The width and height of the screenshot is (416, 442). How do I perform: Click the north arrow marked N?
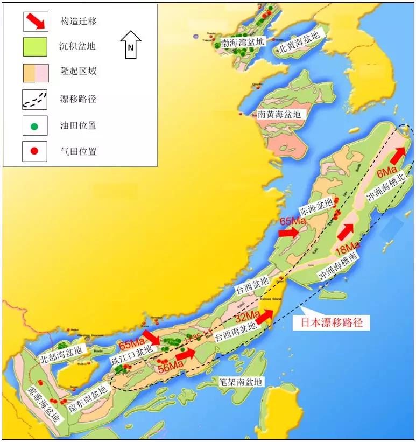[x=130, y=44]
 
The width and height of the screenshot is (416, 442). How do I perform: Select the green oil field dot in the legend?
[x=35, y=127]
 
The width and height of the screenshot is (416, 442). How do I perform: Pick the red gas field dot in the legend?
[x=35, y=151]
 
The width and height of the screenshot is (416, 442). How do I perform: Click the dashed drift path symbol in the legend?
[x=35, y=100]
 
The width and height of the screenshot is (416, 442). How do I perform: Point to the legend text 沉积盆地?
[x=77, y=46]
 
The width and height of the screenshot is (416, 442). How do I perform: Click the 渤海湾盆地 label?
[x=243, y=42]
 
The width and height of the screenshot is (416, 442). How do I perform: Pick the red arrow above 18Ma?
[x=345, y=232]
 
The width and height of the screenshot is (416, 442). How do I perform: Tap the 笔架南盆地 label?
[x=241, y=382]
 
